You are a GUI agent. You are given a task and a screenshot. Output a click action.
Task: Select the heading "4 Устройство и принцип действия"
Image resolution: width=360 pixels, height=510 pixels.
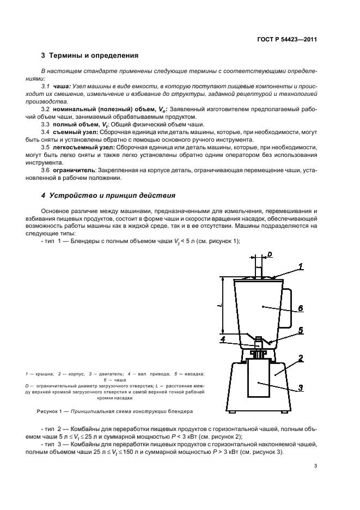(105, 195)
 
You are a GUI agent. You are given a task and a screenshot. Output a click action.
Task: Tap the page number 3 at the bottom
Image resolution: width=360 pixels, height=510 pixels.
(316, 466)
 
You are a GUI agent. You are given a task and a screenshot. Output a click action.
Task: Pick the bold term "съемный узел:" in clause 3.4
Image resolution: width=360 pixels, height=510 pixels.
(69, 132)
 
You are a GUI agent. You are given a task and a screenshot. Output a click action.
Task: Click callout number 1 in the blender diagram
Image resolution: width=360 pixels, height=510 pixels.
(300, 266)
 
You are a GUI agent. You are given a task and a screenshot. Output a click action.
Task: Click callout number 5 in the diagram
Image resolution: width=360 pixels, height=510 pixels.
(300, 330)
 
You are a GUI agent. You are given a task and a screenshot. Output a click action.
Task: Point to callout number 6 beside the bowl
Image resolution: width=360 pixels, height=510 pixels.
(300, 308)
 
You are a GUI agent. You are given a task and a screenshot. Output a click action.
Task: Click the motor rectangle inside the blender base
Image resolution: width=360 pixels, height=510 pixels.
(258, 379)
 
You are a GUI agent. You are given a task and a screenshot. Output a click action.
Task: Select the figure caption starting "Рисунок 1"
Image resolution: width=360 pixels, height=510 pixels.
(114, 411)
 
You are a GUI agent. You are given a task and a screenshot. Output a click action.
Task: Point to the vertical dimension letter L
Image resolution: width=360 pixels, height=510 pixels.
(219, 306)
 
